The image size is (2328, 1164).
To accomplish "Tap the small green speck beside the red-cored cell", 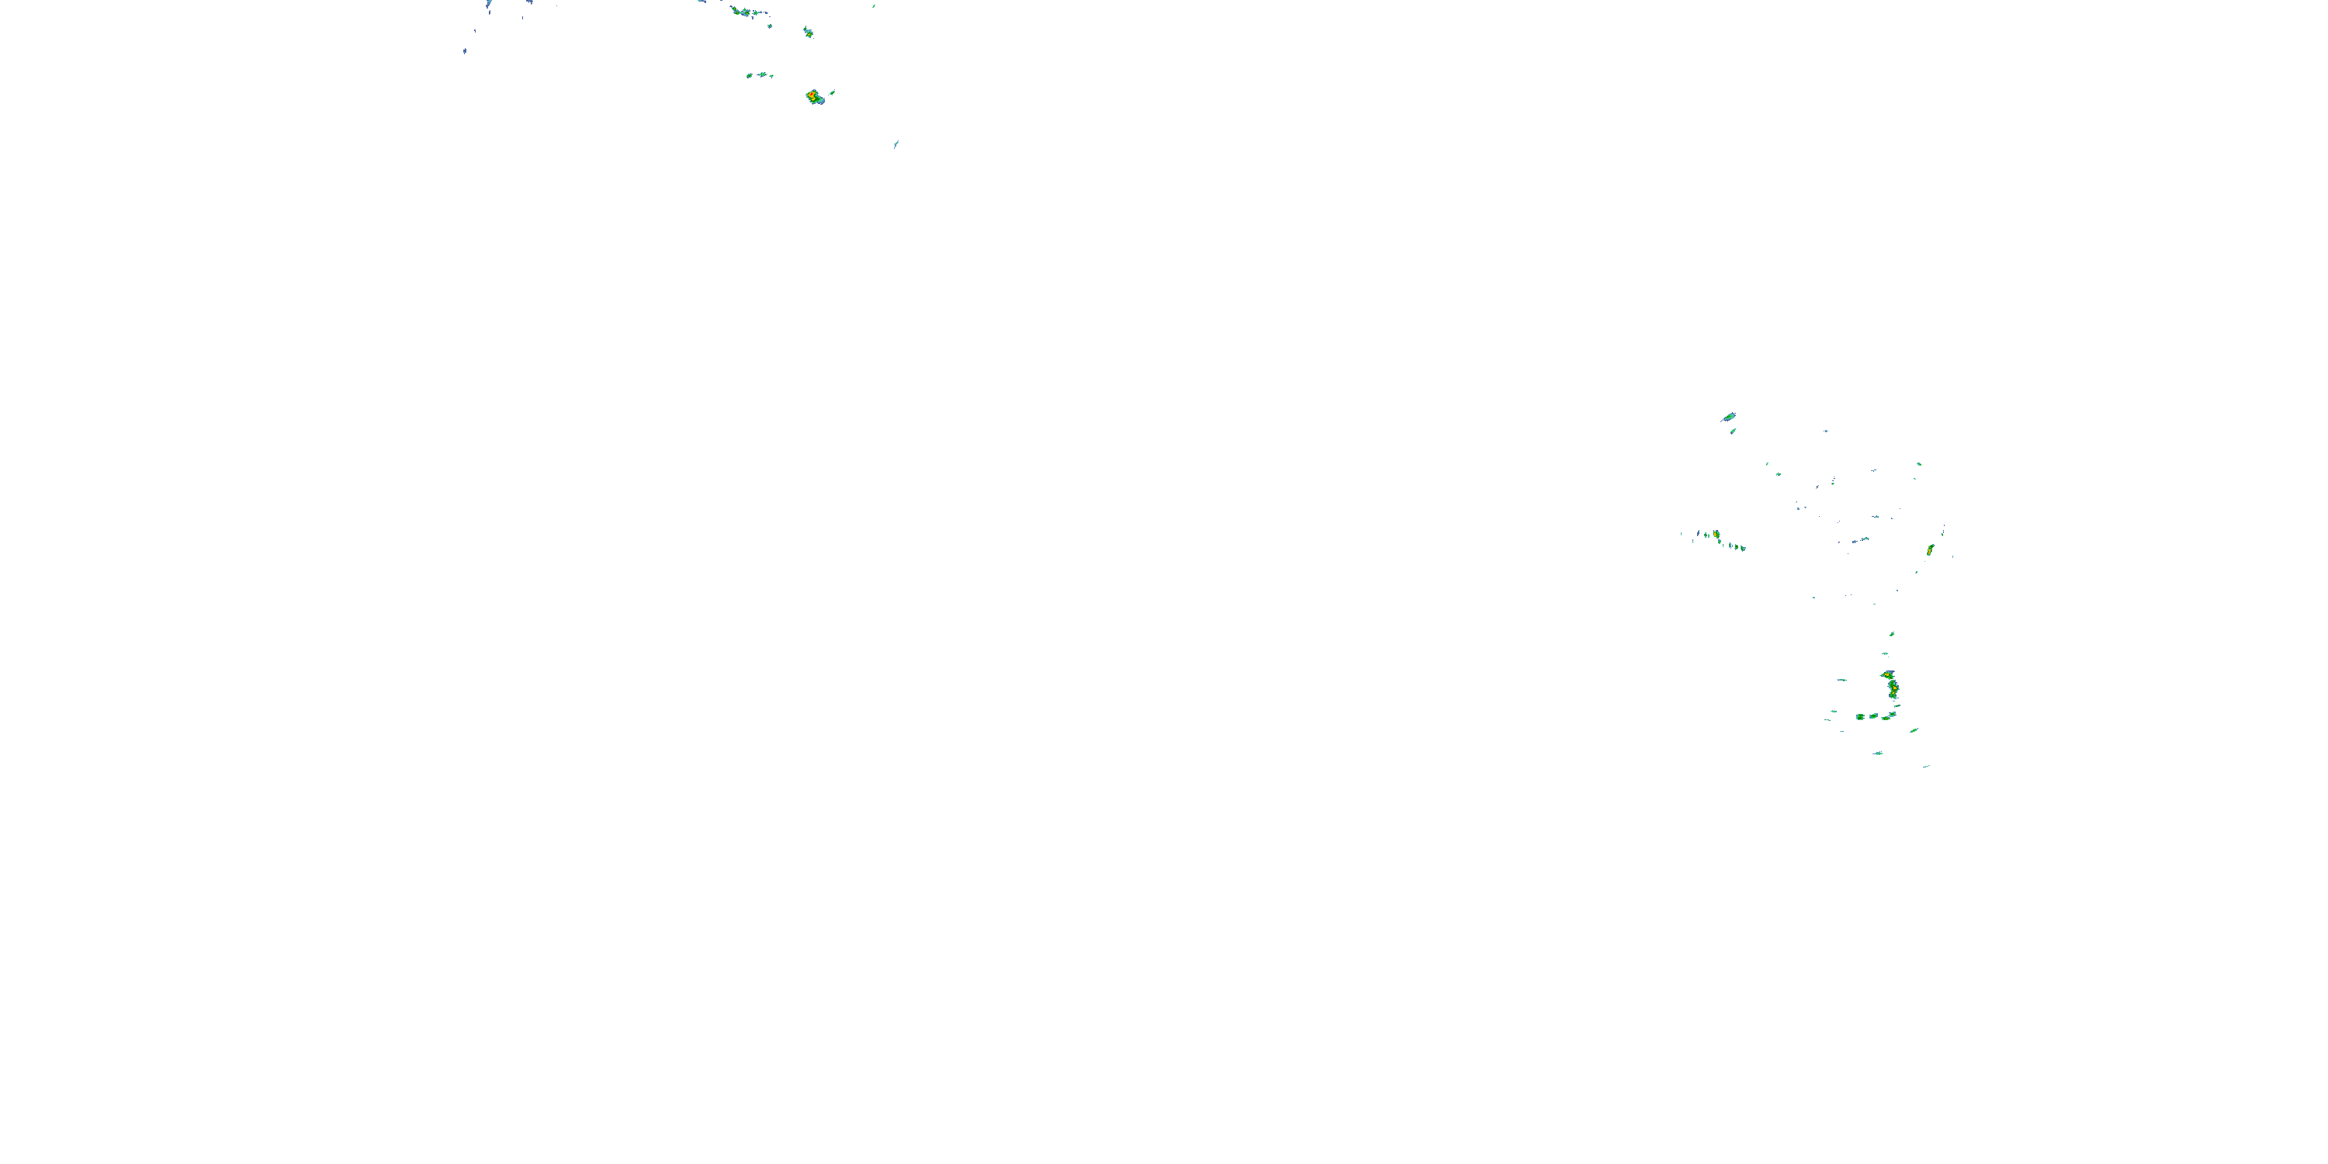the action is (833, 92).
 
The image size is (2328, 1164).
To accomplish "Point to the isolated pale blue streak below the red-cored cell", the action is (896, 144).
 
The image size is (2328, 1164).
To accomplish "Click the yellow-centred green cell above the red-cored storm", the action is (808, 33).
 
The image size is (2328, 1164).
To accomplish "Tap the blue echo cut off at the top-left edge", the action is (488, 4).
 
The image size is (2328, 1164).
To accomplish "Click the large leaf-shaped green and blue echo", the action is (1729, 417).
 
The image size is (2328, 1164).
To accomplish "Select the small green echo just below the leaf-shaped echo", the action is (1733, 431).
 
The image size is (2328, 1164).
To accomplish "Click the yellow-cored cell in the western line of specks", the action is (1717, 535).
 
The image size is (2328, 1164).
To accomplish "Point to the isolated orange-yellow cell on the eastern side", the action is (1929, 549).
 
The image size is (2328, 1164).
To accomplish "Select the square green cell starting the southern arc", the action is (1861, 717).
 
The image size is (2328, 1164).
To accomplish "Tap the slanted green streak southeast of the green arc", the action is (1914, 730).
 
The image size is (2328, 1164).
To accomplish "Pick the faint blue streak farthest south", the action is (1926, 767).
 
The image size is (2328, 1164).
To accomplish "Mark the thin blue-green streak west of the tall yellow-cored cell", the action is (1841, 680).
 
